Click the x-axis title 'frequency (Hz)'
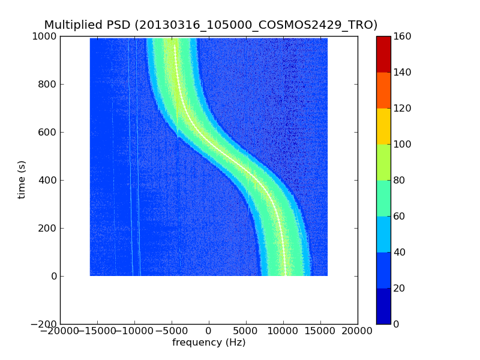[209, 343]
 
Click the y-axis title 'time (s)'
[22, 179]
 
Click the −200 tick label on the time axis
[43, 324]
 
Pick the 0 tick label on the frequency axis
[209, 331]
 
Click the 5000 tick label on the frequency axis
[246, 331]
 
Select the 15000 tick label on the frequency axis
[320, 331]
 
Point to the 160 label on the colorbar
[403, 36]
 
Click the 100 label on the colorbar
[403, 144]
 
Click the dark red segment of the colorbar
[383, 54]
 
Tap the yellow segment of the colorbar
[383, 126]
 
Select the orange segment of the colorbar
[383, 90]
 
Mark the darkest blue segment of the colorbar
[383, 306]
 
